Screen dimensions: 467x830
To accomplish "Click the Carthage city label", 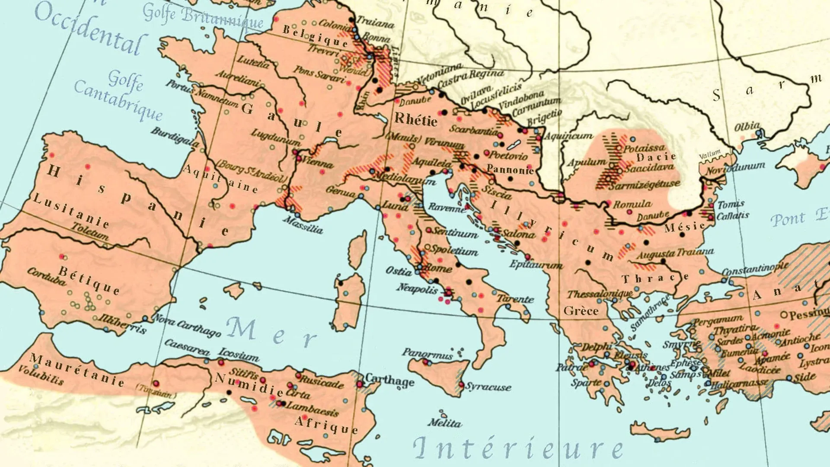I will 389,380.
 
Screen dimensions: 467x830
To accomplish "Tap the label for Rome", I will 438,269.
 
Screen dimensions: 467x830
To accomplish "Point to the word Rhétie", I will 416,119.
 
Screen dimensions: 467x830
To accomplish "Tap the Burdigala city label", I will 175,137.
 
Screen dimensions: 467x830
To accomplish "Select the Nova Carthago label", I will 187,326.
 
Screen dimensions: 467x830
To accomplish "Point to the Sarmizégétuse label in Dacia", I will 644,185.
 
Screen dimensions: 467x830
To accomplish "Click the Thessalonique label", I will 600,294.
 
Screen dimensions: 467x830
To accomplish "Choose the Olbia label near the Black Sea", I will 747,127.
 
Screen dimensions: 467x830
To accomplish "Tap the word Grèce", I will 581,311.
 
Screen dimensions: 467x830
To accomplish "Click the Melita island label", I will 445,422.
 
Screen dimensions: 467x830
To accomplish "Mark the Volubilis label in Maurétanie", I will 41,375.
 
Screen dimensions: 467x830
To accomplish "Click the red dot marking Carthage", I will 360,384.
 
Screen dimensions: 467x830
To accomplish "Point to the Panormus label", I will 427,354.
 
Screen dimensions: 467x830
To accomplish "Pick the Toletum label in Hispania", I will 90,231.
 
